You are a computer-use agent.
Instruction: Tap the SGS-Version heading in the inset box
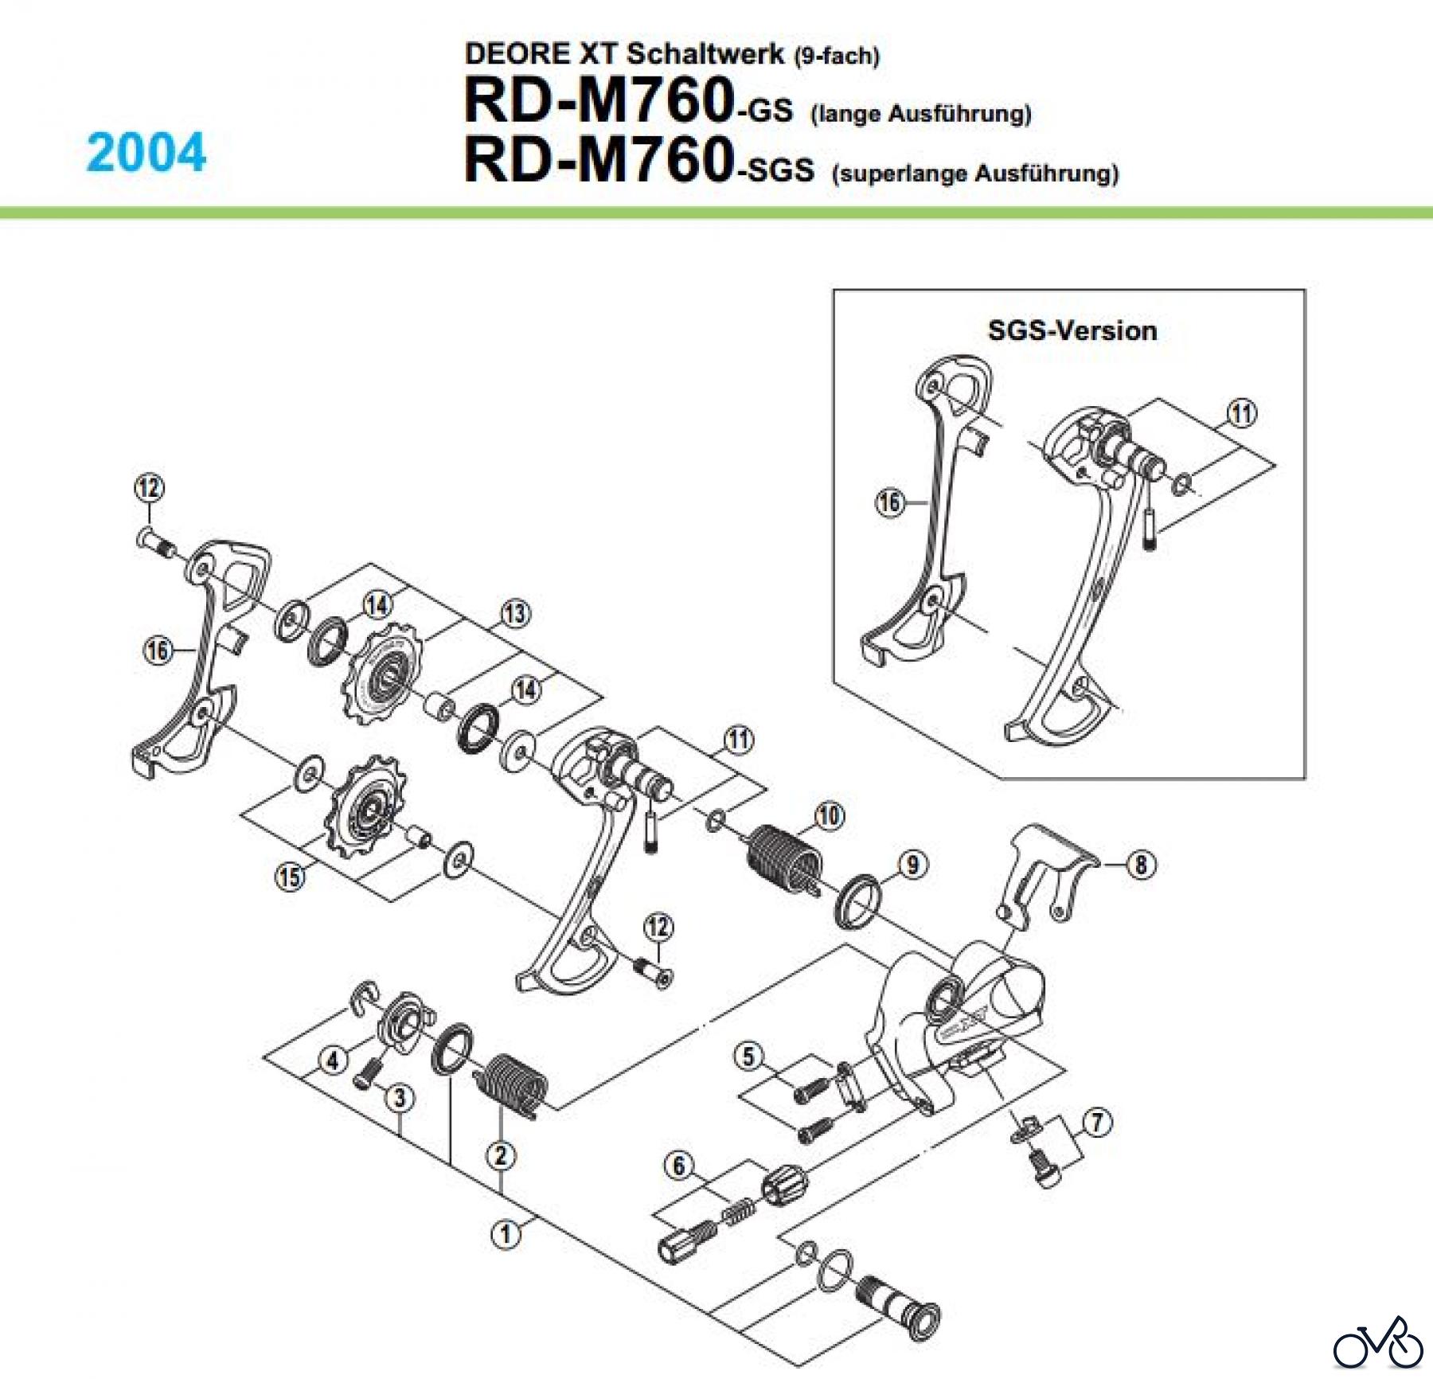1072,330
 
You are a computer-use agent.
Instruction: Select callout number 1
506,1233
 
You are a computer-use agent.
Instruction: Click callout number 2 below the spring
501,1155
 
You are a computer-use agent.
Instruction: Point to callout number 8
1141,864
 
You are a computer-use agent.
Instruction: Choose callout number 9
912,865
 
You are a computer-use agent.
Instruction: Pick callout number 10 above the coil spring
829,815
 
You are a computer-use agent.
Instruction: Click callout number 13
515,613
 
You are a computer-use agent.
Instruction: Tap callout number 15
291,877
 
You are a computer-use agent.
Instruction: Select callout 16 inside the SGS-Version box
889,502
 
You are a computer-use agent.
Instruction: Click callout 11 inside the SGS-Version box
1243,413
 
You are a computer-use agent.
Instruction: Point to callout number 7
1098,1123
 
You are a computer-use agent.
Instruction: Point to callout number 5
748,1057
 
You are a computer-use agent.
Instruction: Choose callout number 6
678,1166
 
